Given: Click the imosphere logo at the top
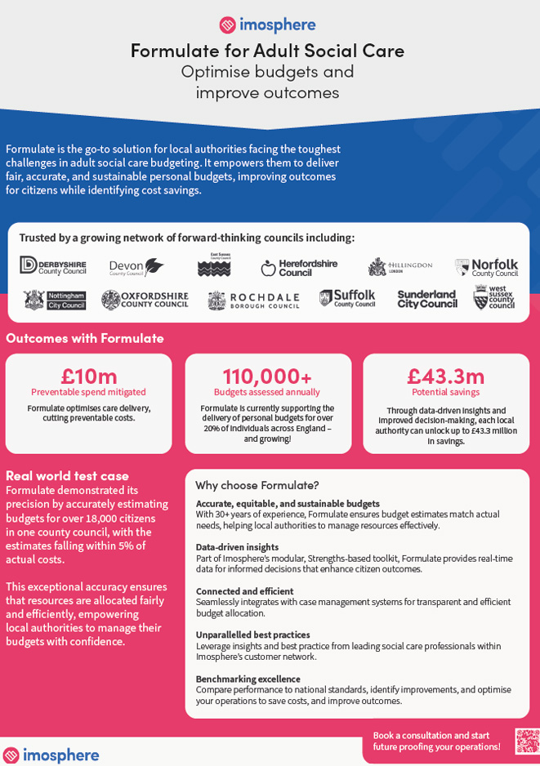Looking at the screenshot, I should (x=267, y=24).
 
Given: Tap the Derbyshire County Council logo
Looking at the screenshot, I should (x=53, y=265).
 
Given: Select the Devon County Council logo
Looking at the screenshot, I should (x=136, y=267).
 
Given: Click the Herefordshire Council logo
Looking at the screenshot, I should (x=299, y=267).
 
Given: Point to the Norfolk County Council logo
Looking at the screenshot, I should (x=486, y=267).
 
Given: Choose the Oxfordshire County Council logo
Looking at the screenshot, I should (x=145, y=300).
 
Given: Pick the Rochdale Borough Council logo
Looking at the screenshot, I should (x=253, y=301).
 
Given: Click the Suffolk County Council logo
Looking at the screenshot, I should (x=347, y=299).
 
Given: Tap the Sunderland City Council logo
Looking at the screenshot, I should (x=427, y=300).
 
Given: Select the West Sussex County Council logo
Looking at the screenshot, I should (x=494, y=298).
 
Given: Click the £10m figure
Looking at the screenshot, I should (x=89, y=376).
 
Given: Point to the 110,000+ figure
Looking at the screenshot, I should (x=267, y=376).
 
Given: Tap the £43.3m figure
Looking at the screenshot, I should (x=446, y=376).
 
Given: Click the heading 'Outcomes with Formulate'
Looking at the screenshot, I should (x=85, y=338).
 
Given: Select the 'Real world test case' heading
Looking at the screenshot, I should (x=67, y=475).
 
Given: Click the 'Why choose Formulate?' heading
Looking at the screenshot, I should (x=257, y=485).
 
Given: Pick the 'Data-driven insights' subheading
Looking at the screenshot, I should (x=237, y=547).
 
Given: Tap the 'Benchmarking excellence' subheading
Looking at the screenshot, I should (x=248, y=679).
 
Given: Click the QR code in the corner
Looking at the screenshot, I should (x=527, y=741).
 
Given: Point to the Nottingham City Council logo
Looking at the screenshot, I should (x=55, y=301).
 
